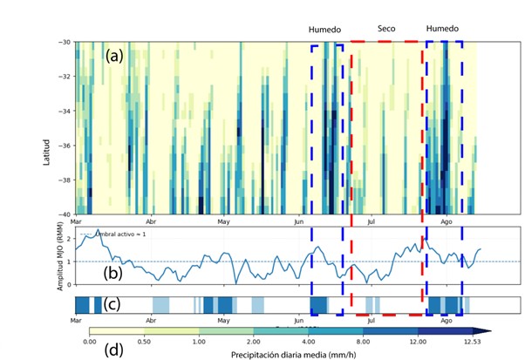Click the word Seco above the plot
(386, 30)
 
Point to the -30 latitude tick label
(63, 43)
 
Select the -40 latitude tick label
(63, 213)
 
